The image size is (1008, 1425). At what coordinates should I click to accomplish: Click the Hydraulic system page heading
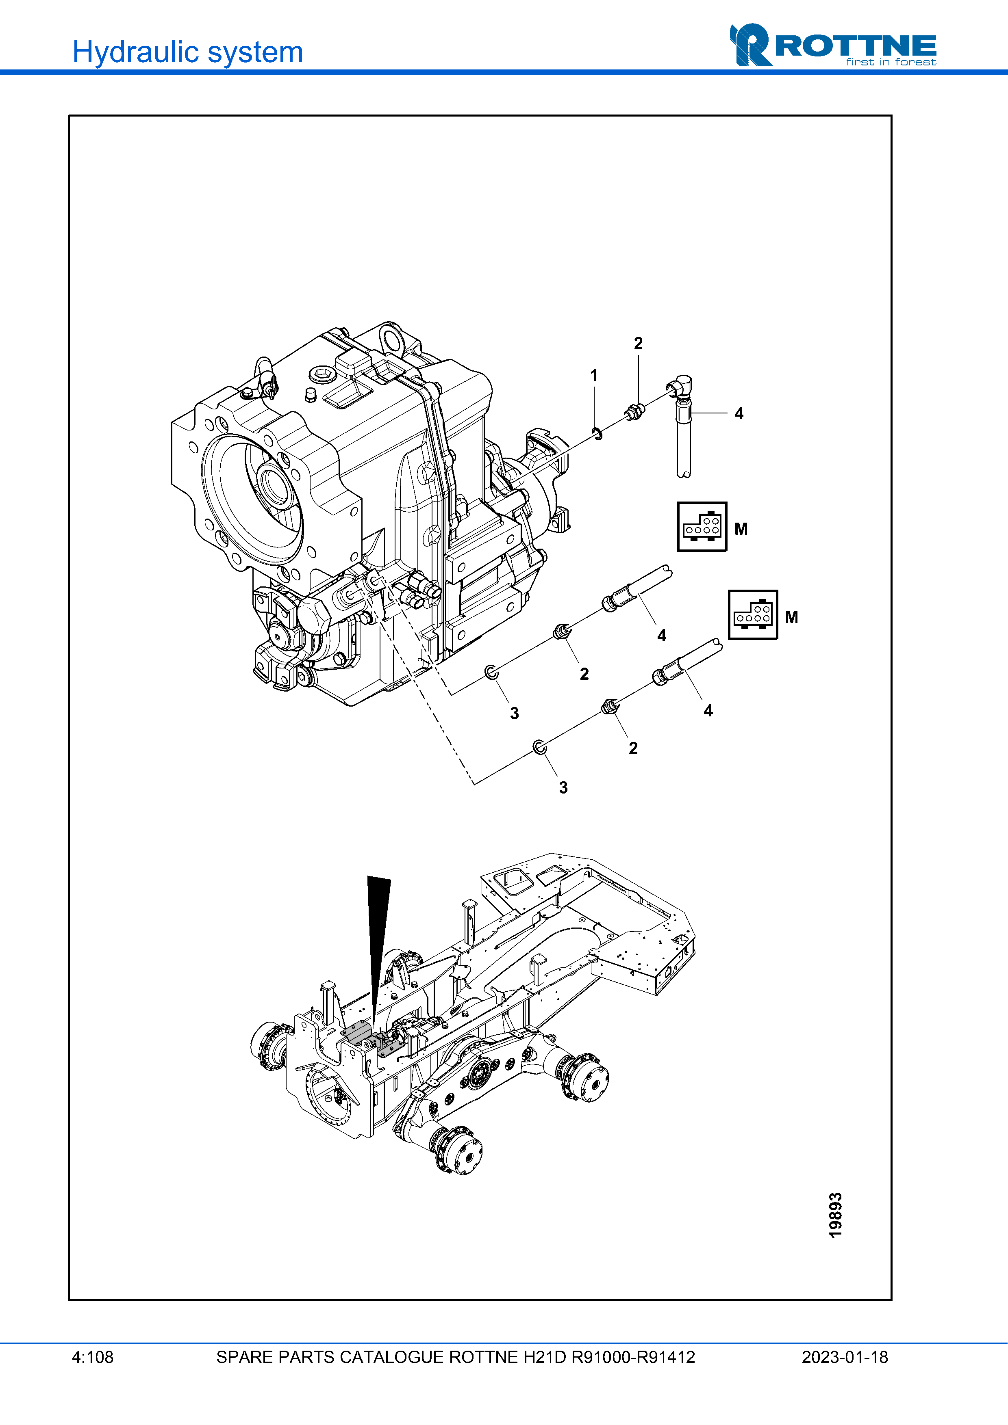coord(187,52)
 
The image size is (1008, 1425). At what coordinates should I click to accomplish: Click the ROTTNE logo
coord(833,45)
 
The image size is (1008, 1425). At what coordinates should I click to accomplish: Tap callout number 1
coord(594,376)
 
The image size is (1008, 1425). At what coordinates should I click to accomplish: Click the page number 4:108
coord(93,1357)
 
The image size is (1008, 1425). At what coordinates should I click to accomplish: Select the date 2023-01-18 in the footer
coord(845,1357)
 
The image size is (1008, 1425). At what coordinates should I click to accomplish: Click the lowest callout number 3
coord(563,787)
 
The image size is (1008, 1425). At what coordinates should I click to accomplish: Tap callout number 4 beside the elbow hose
coord(739,413)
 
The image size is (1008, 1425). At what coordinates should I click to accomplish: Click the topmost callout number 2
coord(638,343)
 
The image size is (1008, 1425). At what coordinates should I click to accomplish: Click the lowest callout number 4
coord(708,711)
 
